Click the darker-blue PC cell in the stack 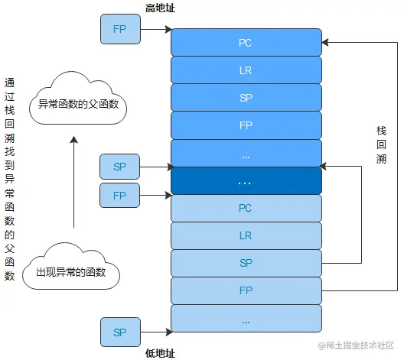click(x=245, y=42)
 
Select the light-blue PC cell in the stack click(x=245, y=208)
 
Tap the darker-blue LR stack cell click(x=245, y=70)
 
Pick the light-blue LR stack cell click(x=245, y=235)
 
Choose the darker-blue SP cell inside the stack click(x=245, y=98)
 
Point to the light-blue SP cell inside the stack click(x=245, y=263)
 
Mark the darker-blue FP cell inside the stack click(x=245, y=125)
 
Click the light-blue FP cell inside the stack click(x=245, y=290)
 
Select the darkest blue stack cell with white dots click(x=245, y=181)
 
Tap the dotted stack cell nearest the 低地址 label click(x=245, y=319)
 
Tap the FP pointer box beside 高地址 click(x=119, y=29)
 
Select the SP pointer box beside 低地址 click(x=119, y=332)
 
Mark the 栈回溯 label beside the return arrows click(x=381, y=145)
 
